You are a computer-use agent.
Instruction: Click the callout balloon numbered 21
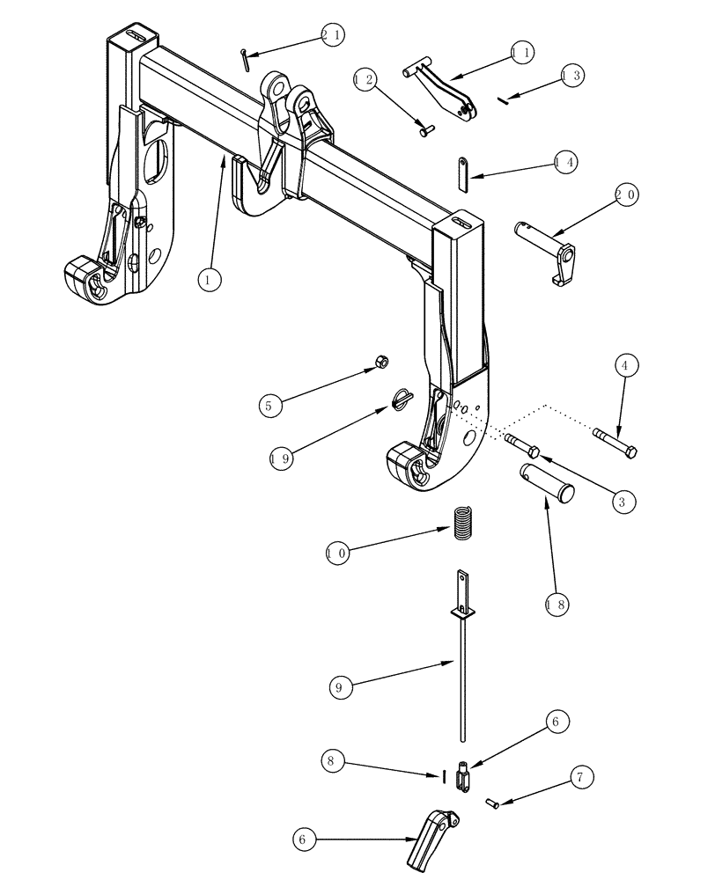332,35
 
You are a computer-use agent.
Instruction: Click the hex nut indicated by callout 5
383,362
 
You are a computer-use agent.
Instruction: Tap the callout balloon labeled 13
571,76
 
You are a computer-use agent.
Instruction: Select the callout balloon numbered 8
333,762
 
